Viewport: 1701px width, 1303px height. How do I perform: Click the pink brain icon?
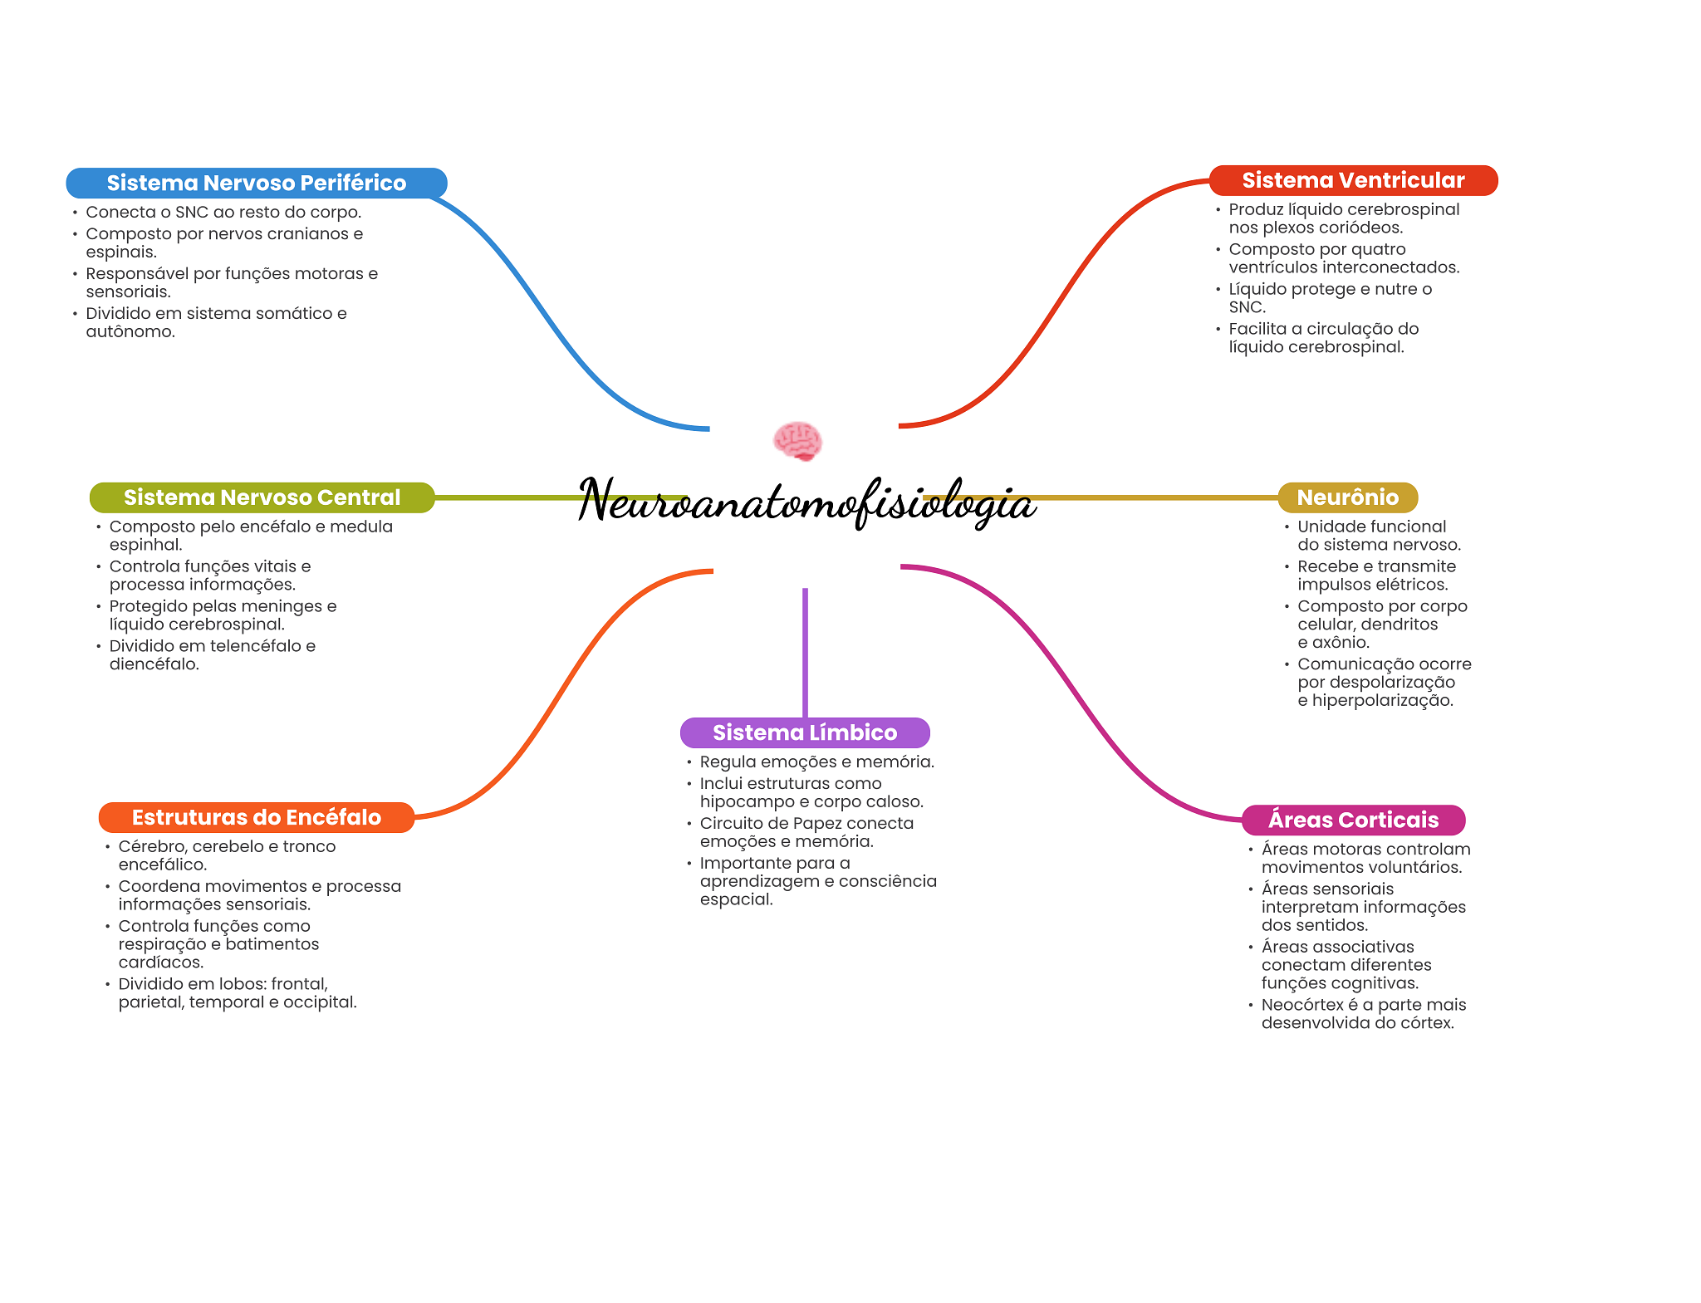click(797, 440)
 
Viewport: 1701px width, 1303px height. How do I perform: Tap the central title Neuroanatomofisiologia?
click(806, 502)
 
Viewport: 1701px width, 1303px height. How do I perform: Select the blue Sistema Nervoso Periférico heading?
click(256, 183)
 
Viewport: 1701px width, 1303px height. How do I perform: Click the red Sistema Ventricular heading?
click(1352, 180)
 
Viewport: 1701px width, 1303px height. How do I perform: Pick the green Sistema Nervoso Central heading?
click(262, 497)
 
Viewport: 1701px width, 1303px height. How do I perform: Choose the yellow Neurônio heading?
click(1347, 497)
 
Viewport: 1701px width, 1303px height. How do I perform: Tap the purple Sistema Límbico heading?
click(804, 732)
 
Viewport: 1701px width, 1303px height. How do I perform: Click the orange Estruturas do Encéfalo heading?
click(256, 817)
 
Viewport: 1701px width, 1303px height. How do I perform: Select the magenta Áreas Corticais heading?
click(1352, 820)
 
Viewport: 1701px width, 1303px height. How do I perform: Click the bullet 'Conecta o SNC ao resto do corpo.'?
click(223, 212)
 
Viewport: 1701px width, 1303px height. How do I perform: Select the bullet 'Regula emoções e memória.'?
click(816, 762)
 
